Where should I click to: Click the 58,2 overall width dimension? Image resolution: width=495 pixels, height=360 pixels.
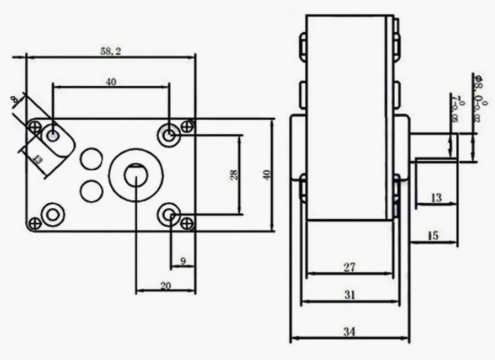tap(111, 52)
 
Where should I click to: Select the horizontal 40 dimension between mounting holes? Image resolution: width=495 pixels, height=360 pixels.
tap(111, 82)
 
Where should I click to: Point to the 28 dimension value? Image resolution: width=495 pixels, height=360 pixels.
tap(234, 175)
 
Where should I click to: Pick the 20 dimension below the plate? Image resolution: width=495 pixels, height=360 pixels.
tap(166, 285)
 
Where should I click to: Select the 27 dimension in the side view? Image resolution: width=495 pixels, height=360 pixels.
tap(349, 267)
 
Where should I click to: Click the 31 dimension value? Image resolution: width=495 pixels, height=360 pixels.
tap(349, 295)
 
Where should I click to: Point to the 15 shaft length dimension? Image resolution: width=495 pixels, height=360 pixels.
tap(433, 236)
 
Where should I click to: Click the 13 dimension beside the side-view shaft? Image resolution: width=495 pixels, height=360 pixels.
tap(436, 198)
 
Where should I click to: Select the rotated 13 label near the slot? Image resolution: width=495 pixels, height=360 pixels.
tap(37, 159)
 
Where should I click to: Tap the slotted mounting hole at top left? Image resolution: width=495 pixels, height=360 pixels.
tap(53, 136)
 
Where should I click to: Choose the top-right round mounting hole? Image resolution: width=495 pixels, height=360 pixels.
tap(170, 136)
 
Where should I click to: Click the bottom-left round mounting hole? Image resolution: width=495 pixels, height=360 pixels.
tap(53, 214)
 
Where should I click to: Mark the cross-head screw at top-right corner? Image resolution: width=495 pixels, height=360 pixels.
tap(188, 126)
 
